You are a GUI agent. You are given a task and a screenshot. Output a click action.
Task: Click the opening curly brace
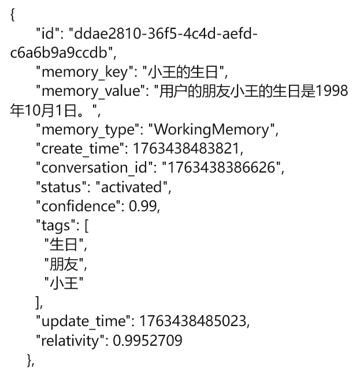[x=12, y=16]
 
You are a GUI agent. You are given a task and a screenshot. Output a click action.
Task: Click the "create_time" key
[x=79, y=148]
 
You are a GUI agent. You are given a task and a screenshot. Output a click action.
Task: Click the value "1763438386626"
[x=222, y=167]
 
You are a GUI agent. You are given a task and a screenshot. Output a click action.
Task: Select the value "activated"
[x=133, y=187]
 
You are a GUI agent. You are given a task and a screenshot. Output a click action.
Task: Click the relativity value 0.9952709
[x=147, y=341]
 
